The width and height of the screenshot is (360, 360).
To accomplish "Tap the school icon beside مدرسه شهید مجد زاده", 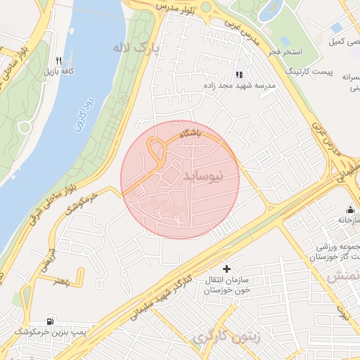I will [x=239, y=74].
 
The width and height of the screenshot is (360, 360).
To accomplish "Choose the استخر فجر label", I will [x=285, y=52].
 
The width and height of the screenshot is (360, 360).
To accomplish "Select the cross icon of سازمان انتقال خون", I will [x=226, y=269].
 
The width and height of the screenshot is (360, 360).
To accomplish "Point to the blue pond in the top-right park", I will [x=269, y=11].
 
